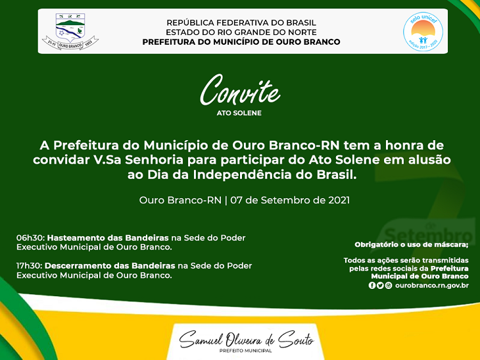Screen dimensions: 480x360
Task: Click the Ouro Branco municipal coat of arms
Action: [x=70, y=31]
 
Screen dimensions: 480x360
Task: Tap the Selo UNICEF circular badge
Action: [x=423, y=31]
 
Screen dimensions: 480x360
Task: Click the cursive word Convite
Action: [x=240, y=90]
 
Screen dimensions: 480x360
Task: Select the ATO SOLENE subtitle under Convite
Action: [x=239, y=113]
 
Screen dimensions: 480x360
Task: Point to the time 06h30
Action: [x=31, y=238]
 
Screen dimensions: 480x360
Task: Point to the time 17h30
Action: [x=30, y=266]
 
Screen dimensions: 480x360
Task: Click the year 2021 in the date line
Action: [x=339, y=200]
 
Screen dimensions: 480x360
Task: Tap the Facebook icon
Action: [x=372, y=285]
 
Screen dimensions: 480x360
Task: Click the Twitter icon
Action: [x=380, y=285]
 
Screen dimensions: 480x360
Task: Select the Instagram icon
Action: [x=389, y=285]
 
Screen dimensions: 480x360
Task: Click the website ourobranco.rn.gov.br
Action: [x=432, y=285]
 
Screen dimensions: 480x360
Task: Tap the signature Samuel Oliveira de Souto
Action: [x=247, y=339]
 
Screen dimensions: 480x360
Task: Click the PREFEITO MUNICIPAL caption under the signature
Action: [x=245, y=351]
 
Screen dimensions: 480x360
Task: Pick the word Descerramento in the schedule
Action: [x=79, y=266]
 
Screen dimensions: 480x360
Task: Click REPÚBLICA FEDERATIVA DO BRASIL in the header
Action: [x=241, y=22]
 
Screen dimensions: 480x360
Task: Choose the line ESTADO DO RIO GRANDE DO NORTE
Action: [x=241, y=32]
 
